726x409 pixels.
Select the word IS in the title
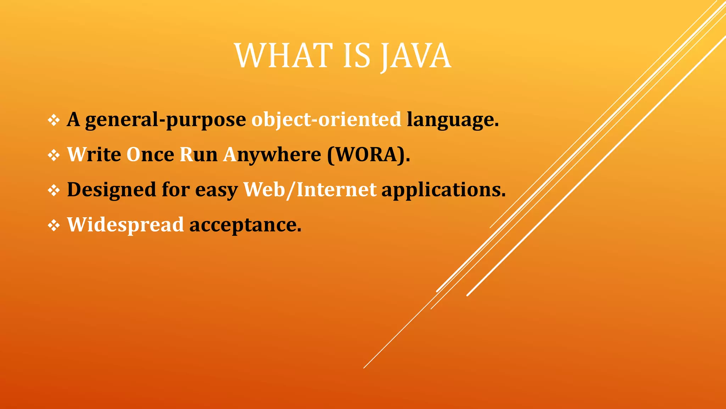click(x=357, y=56)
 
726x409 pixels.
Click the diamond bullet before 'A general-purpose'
click(x=54, y=120)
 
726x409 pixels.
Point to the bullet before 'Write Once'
click(x=54, y=155)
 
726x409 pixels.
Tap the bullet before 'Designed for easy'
click(x=54, y=190)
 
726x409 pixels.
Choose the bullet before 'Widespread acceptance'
click(x=54, y=225)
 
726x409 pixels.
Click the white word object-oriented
click(x=326, y=119)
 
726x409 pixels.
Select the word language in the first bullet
click(x=452, y=120)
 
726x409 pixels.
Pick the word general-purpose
click(x=165, y=120)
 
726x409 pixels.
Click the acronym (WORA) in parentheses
click(x=368, y=154)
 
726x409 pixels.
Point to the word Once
click(x=150, y=154)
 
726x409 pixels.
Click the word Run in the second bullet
click(x=199, y=154)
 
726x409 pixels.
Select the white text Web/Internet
click(x=309, y=190)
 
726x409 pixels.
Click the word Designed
click(x=111, y=190)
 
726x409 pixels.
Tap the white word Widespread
click(x=125, y=225)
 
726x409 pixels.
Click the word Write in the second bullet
click(x=94, y=154)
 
